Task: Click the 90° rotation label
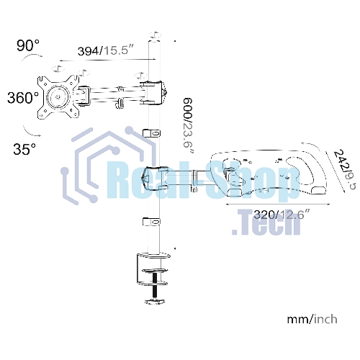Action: tap(28, 45)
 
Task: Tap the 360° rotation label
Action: tap(23, 98)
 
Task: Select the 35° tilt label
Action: tap(24, 149)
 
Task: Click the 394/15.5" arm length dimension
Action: tap(105, 50)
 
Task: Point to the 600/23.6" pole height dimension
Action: tap(188, 125)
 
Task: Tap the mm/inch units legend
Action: tap(312, 319)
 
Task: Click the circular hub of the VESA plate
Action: tap(58, 97)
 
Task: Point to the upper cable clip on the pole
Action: tap(152, 133)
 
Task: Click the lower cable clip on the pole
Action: tap(152, 222)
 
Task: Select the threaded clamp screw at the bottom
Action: tap(155, 286)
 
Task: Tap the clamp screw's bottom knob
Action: tap(155, 302)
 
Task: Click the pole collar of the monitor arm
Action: tap(153, 93)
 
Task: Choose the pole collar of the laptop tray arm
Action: tap(155, 178)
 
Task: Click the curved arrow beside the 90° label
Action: tap(32, 56)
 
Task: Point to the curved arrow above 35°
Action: tap(30, 132)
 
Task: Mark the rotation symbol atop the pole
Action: tap(155, 35)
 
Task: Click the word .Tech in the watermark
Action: tap(266, 222)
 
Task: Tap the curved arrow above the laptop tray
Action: tap(312, 145)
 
